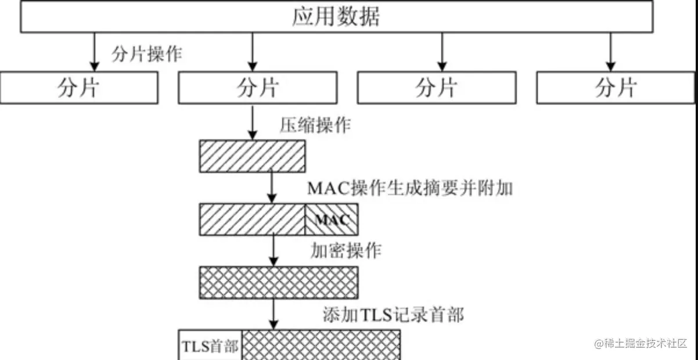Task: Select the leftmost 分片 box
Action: click(x=79, y=88)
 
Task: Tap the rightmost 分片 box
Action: click(x=616, y=88)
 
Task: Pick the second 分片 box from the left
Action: click(x=257, y=88)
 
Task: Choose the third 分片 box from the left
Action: click(x=436, y=88)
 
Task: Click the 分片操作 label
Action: click(x=146, y=55)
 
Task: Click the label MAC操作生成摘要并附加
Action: click(x=410, y=188)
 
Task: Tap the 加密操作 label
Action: click(x=347, y=251)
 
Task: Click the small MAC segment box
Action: click(x=332, y=219)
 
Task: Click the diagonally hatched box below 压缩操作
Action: click(x=252, y=156)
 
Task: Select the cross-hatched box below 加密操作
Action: click(x=279, y=282)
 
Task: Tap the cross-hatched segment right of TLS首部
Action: click(x=321, y=345)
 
